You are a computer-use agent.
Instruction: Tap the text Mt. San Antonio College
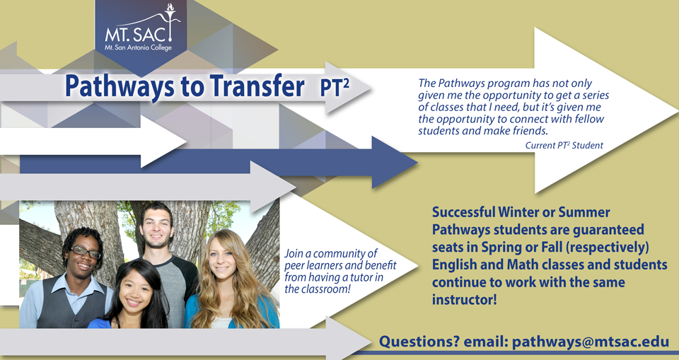tap(138, 47)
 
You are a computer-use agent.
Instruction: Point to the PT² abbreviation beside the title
tap(335, 87)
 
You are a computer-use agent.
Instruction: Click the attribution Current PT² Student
tap(564, 146)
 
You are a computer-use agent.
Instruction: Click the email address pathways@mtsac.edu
tap(591, 342)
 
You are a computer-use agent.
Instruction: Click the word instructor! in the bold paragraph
tap(464, 299)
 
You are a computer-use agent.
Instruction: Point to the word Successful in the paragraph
tap(463, 212)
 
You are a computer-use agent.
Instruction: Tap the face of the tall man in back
tap(156, 230)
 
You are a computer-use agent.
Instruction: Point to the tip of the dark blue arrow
tap(417, 163)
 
